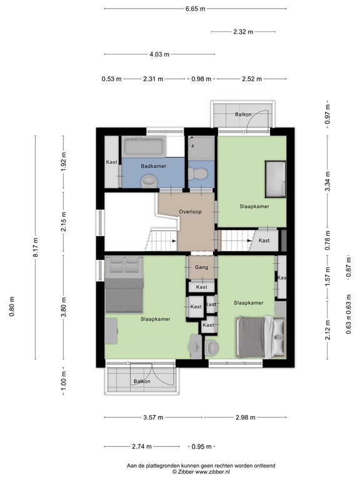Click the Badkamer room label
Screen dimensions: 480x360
tap(152, 166)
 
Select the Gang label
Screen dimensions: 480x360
tap(201, 267)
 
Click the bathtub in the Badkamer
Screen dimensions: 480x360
tap(143, 147)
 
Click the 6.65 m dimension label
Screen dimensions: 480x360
tap(196, 9)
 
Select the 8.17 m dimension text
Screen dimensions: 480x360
tap(36, 247)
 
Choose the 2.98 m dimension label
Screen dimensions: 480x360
tap(246, 417)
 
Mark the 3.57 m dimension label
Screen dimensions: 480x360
tap(153, 417)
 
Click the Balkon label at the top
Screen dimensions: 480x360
tap(243, 115)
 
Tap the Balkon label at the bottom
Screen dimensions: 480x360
tap(141, 381)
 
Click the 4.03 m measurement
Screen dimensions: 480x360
tap(159, 54)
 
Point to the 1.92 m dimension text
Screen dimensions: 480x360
tap(62, 161)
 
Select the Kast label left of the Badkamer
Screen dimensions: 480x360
tap(112, 162)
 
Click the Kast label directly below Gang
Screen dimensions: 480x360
tap(201, 287)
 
